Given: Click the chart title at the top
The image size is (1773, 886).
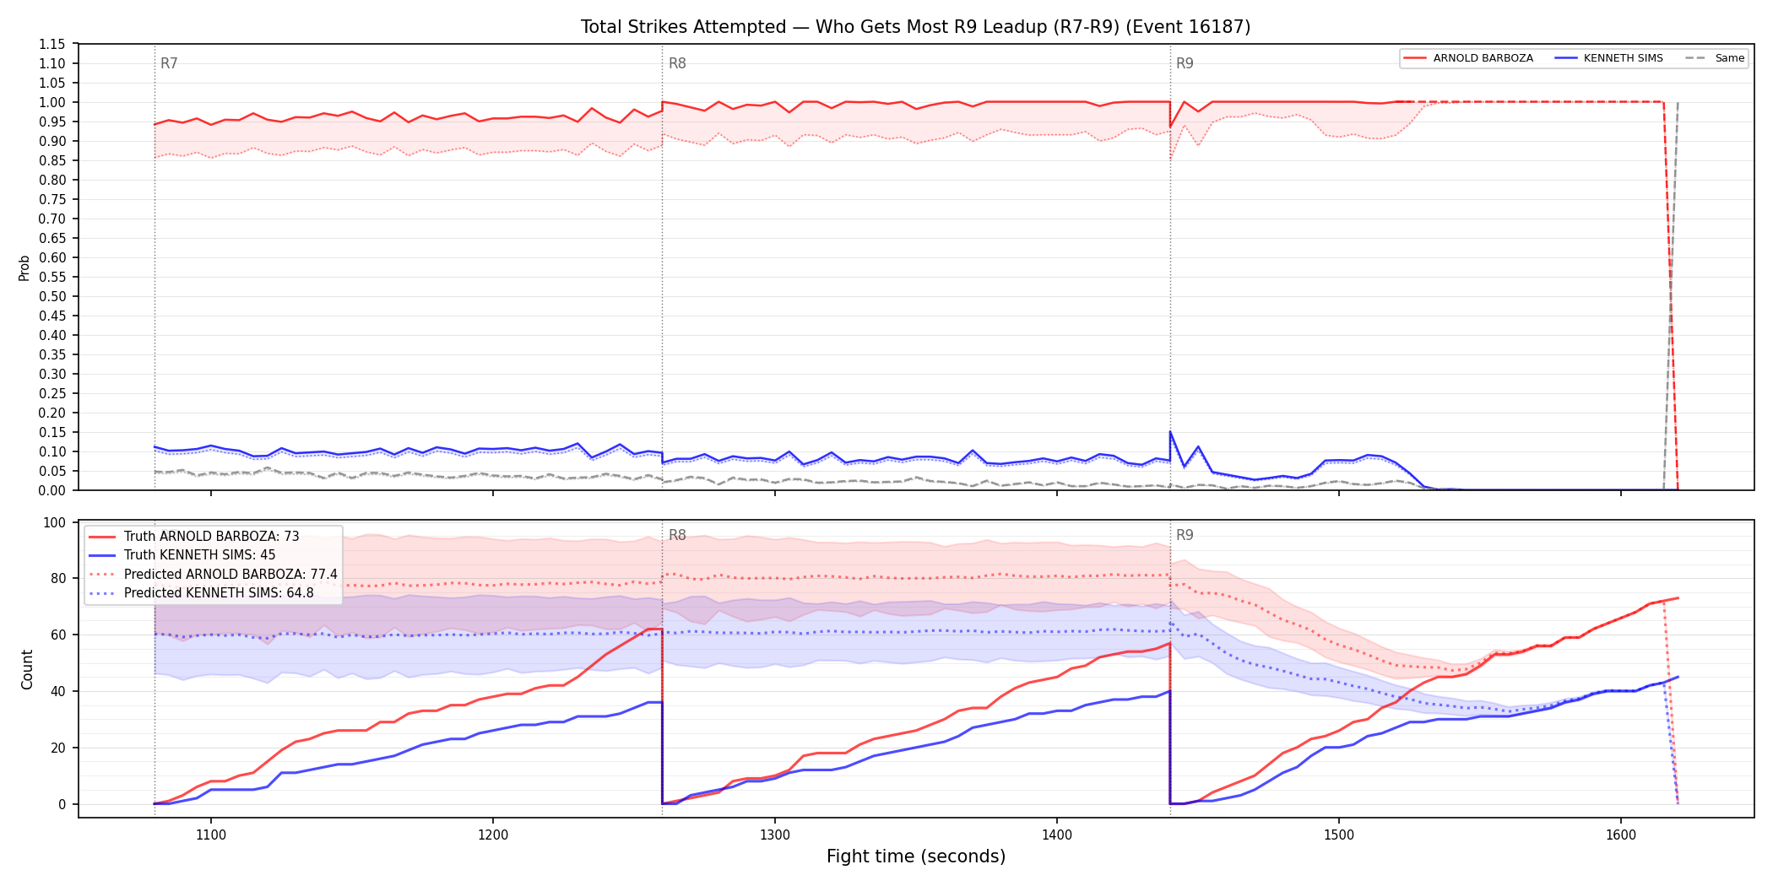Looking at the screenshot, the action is pos(915,27).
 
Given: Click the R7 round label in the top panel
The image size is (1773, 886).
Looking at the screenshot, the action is pos(169,63).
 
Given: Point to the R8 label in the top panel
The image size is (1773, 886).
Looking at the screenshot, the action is pos(677,63).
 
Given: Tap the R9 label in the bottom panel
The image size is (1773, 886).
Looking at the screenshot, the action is pos(1185,535).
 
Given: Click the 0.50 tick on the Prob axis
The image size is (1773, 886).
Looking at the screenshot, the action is pos(52,296).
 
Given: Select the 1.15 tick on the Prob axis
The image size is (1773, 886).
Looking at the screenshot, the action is pos(52,44).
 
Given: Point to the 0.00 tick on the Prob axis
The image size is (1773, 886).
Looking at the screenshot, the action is pos(52,490).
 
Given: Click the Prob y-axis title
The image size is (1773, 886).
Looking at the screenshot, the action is pos(24,267).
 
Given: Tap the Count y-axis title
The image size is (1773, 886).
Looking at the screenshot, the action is pos(27,669).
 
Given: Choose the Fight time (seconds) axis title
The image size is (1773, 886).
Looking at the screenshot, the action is pos(916,856).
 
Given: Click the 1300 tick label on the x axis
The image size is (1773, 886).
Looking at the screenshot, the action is pos(775,835).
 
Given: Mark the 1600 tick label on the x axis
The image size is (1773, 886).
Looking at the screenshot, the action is pos(1621,835).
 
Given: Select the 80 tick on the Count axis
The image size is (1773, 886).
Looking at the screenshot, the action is pos(57,579).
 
